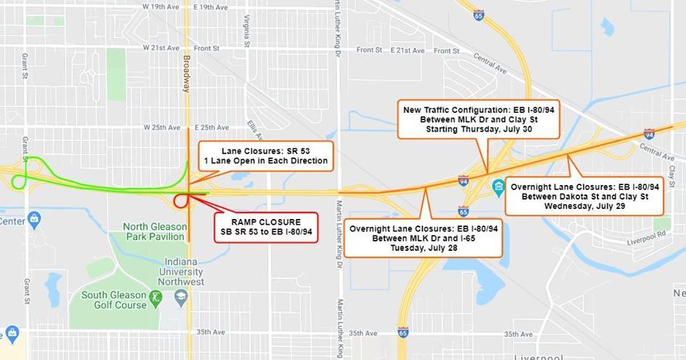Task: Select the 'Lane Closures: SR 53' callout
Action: click(x=265, y=155)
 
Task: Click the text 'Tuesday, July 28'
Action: click(x=424, y=248)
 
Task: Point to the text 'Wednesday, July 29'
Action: click(x=584, y=206)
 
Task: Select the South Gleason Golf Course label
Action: click(x=114, y=300)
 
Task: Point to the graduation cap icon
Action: click(x=179, y=296)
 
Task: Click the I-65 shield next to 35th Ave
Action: click(x=403, y=333)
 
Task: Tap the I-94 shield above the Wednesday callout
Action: click(x=648, y=134)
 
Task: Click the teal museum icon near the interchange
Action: click(x=498, y=188)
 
